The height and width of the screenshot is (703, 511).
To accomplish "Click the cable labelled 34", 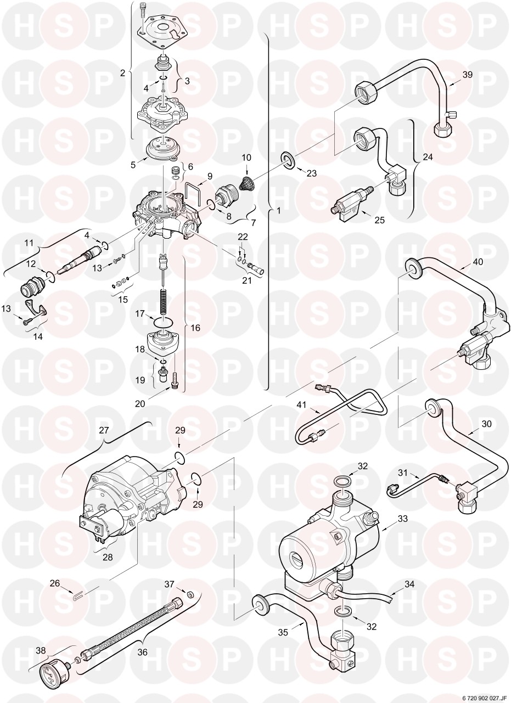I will tap(379, 597).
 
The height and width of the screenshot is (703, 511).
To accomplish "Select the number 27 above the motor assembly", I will tap(103, 431).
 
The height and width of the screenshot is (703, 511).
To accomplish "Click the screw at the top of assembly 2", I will tap(143, 9).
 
